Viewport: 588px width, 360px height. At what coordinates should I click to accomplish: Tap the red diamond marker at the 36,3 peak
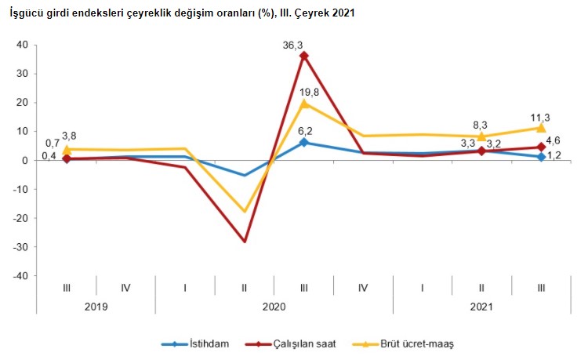coord(304,56)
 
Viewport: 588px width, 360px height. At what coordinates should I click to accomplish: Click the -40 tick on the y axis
coord(20,276)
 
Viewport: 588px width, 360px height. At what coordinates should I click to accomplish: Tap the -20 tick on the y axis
coord(20,218)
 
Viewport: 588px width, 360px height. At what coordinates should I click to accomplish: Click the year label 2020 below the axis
coord(274,307)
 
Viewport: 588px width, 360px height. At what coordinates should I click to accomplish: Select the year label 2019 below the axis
coord(96,307)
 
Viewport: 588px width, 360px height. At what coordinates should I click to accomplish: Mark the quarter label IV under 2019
coord(125,288)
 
